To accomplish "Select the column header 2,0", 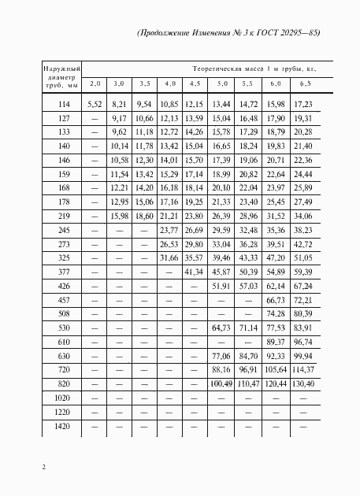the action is [x=95, y=83].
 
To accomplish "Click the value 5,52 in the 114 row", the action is [x=95, y=103].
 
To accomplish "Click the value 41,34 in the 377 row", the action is [x=194, y=271].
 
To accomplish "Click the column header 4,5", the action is [x=194, y=83].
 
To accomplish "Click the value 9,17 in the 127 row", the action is [x=119, y=117].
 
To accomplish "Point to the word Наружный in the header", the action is [x=62, y=72].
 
